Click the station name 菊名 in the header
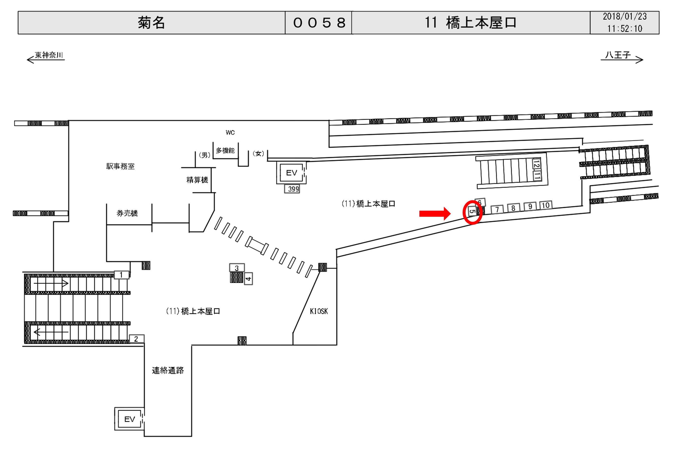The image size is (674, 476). [x=151, y=23]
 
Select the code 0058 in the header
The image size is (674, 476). [x=319, y=23]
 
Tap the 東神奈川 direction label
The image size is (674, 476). [x=49, y=55]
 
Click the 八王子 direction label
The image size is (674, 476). [x=618, y=55]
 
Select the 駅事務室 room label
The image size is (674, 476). [x=120, y=167]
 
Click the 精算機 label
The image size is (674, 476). [x=197, y=180]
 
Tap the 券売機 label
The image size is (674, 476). [x=127, y=213]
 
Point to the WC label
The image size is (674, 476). [x=230, y=132]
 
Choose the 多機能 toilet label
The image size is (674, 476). [x=225, y=150]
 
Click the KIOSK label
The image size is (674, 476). [x=319, y=311]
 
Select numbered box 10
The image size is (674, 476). [x=546, y=205]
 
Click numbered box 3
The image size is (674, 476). [x=237, y=268]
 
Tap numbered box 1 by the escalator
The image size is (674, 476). [x=121, y=275]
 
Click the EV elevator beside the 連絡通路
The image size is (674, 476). [x=129, y=419]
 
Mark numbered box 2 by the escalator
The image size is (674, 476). [x=136, y=339]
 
